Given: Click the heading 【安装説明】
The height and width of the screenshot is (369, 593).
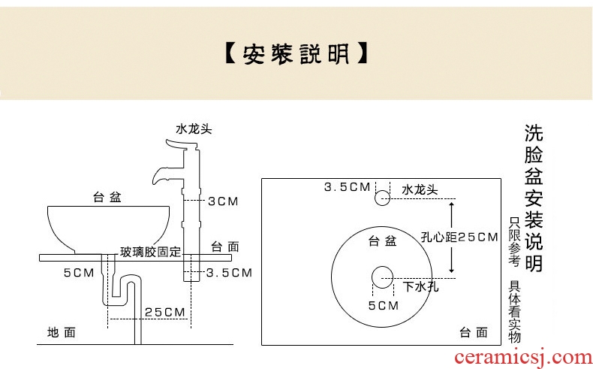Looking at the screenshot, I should [x=296, y=55].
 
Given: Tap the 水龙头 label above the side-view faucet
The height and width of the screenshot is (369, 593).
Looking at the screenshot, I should [x=194, y=129].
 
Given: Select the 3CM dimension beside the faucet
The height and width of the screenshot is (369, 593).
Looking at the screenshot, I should [x=223, y=201].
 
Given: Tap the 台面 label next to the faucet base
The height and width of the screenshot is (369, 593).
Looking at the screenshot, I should [x=225, y=246].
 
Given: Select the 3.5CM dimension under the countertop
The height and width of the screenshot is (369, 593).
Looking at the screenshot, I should [x=229, y=272].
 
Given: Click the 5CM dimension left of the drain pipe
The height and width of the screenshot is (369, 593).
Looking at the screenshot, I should [x=78, y=272].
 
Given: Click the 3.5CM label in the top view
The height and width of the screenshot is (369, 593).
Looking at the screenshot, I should [x=346, y=187].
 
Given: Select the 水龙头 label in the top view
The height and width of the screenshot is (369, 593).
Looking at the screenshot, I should [x=420, y=189].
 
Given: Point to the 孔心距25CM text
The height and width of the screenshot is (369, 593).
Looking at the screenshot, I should [x=459, y=237].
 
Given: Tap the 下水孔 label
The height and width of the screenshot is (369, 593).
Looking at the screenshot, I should [x=421, y=286].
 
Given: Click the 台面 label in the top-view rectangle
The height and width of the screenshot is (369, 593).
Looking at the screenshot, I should [x=474, y=331].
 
